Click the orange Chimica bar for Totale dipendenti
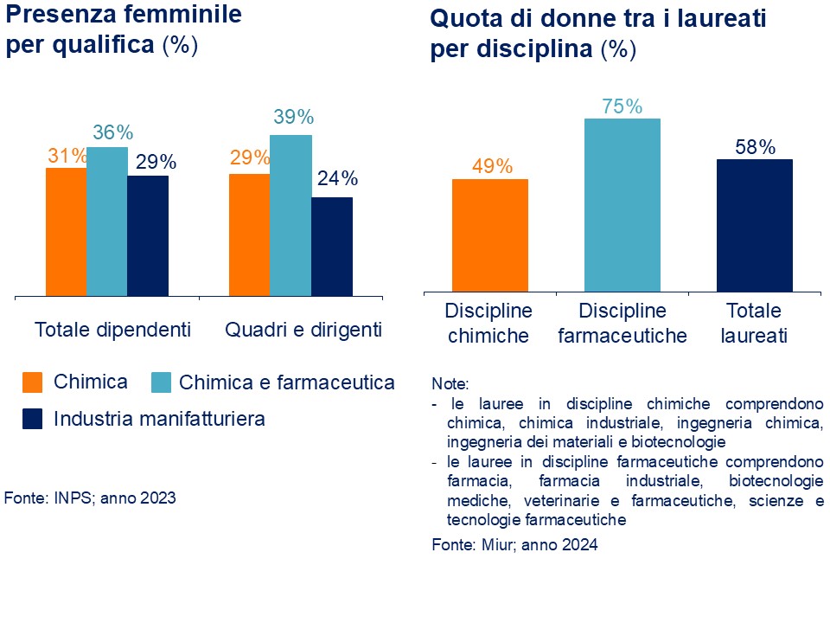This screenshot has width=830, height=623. click(66, 231)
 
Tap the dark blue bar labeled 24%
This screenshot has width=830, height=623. click(331, 246)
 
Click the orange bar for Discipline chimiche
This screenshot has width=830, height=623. click(489, 234)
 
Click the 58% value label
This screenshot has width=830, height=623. click(755, 147)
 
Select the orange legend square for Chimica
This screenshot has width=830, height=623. click(32, 382)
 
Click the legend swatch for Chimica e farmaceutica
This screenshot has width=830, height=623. click(162, 382)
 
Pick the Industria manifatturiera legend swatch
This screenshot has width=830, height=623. click(32, 419)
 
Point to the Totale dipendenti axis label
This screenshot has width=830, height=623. click(112, 330)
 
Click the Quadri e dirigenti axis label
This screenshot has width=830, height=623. click(303, 330)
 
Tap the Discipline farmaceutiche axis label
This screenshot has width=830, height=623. click(622, 323)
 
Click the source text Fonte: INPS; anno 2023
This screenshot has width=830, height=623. click(90, 498)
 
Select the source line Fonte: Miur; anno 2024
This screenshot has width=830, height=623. click(514, 545)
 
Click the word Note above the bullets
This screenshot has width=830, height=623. click(450, 383)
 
